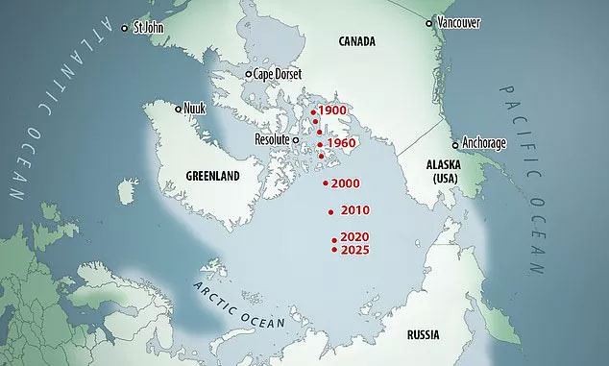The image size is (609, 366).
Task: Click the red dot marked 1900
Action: tap(313, 112)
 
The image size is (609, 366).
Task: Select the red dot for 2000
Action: tap(326, 183)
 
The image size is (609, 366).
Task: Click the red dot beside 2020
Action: tap(333, 240)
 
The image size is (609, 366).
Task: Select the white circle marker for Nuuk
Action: tap(179, 110)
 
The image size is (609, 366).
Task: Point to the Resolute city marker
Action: tap(297, 140)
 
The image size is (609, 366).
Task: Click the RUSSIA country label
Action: tap(423, 335)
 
